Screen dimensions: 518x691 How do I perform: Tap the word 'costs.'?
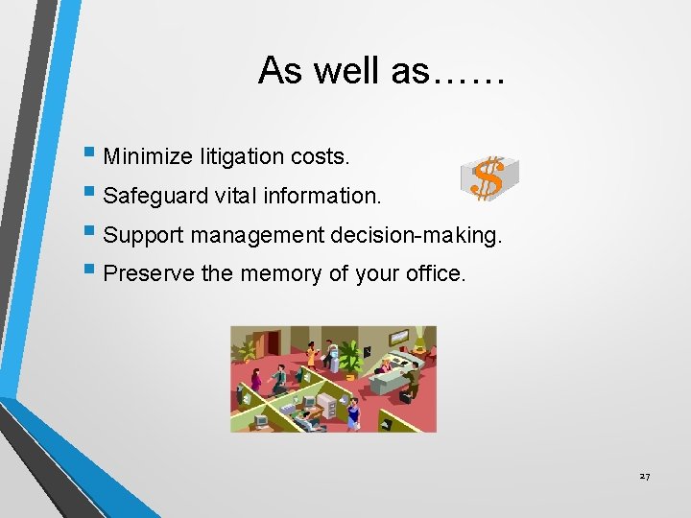(x=322, y=155)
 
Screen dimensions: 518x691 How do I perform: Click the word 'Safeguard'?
(x=155, y=196)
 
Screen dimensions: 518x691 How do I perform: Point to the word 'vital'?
(x=235, y=196)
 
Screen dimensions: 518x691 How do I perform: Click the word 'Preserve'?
(x=149, y=274)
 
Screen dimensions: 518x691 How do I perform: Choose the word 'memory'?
(x=281, y=274)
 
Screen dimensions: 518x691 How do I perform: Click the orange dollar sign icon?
(x=489, y=177)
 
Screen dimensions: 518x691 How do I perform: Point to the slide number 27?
(x=643, y=477)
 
